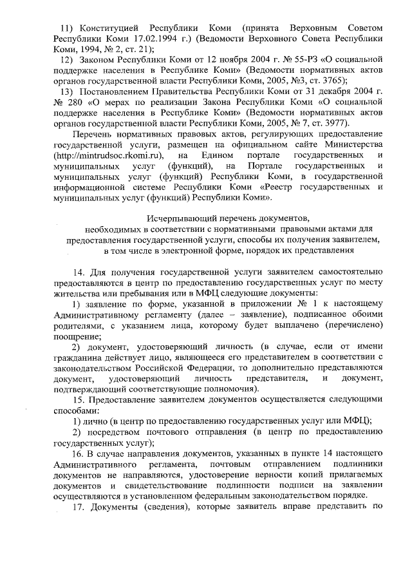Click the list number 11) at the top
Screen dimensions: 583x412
click(66, 29)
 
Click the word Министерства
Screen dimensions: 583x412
click(355, 145)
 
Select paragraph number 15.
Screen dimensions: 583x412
click(79, 399)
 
